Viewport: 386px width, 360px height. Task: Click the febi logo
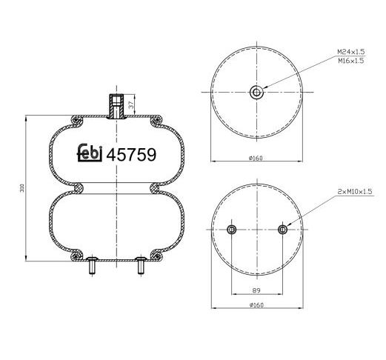90,153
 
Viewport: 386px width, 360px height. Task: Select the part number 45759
131,155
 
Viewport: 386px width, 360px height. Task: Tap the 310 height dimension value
22,188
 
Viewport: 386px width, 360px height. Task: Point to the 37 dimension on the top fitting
132,104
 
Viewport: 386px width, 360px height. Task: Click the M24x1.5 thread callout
351,52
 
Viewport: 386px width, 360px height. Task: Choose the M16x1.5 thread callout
351,61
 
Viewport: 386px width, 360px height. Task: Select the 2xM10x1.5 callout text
355,191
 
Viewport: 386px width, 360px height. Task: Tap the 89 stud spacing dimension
256,290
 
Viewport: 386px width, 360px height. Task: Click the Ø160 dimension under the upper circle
256,158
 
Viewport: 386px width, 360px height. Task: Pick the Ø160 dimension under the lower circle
256,305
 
